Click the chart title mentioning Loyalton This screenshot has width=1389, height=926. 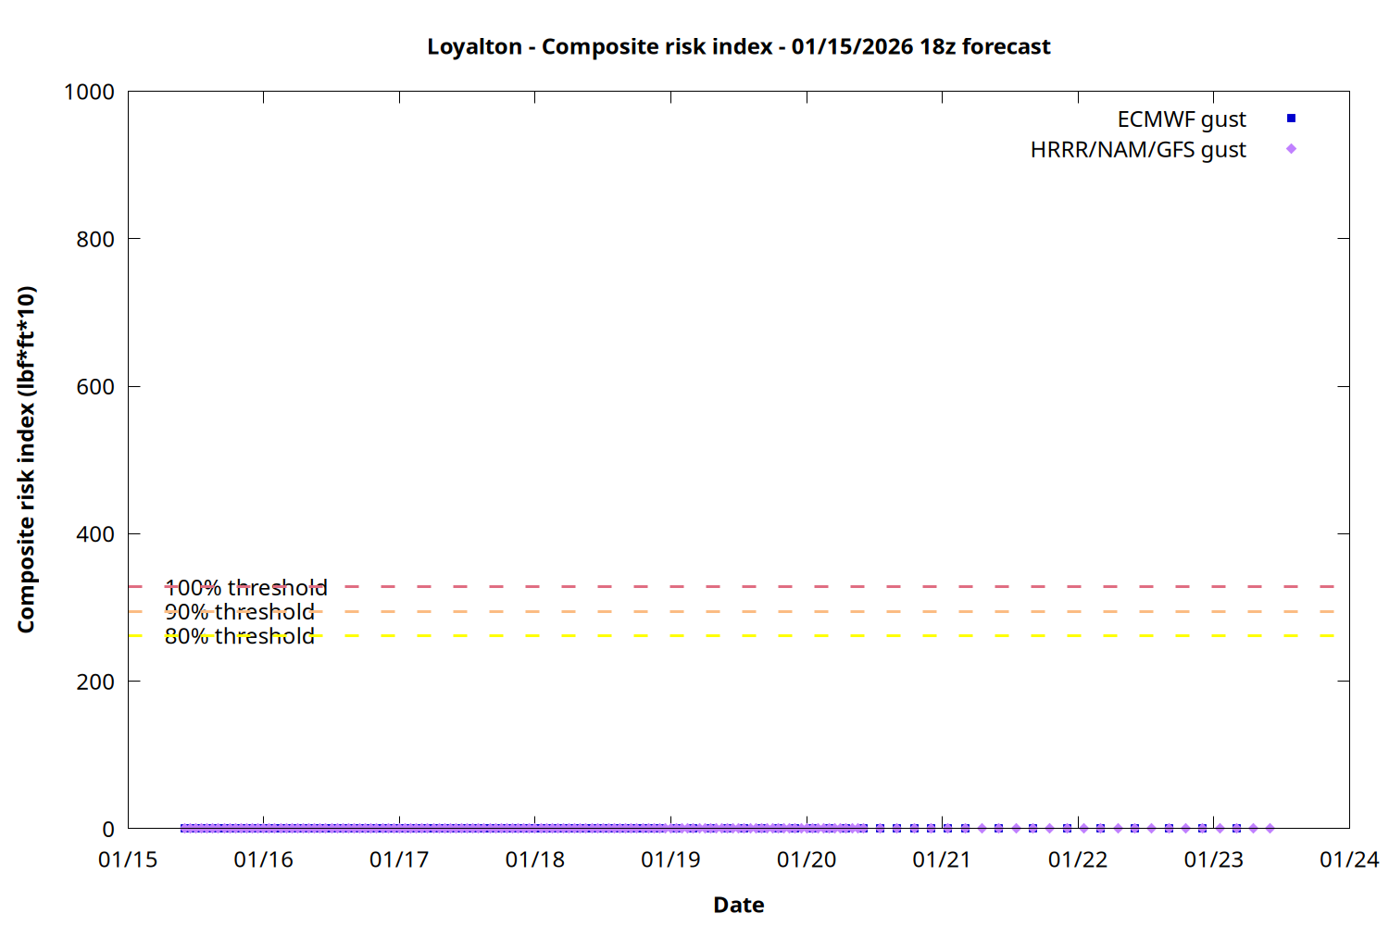point(738,47)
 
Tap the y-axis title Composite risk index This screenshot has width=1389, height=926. point(27,459)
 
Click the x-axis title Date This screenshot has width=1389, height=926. point(738,905)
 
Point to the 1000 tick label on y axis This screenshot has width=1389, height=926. point(89,93)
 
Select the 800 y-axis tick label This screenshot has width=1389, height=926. point(95,240)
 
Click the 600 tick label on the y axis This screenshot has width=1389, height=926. point(95,387)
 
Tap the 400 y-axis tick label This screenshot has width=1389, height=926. point(95,534)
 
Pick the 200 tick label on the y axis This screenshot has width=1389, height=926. point(95,682)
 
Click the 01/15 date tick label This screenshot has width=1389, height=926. point(128,860)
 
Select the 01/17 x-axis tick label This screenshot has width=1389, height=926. point(399,860)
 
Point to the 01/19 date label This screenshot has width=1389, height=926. point(670,860)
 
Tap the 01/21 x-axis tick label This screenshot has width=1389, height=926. point(942,860)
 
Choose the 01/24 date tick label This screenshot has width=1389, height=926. point(1349,860)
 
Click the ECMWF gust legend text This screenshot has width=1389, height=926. point(1182,119)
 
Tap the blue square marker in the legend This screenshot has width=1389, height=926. point(1291,119)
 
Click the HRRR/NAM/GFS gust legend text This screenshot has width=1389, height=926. point(1138,150)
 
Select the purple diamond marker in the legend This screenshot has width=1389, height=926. point(1291,149)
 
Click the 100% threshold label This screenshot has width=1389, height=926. point(246,588)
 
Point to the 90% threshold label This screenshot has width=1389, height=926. point(240,612)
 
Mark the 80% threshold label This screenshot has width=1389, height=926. point(240,636)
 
